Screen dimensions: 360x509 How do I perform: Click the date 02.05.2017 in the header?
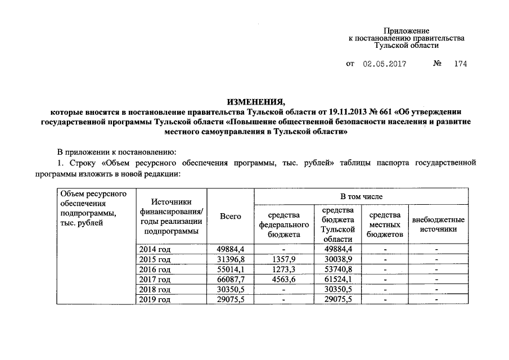click(x=385, y=64)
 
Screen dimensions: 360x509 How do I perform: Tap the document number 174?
click(x=460, y=64)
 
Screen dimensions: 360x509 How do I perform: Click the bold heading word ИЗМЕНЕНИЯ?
click(x=255, y=102)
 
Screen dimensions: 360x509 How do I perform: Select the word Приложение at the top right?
click(x=407, y=30)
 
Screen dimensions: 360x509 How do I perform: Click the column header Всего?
click(x=231, y=216)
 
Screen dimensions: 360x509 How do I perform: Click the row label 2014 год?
click(x=155, y=249)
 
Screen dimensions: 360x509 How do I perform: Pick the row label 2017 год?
click(x=155, y=280)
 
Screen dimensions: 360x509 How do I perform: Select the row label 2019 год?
click(x=155, y=300)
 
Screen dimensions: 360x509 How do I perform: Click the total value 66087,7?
click(x=231, y=280)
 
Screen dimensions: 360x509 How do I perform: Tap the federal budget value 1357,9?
click(x=284, y=259)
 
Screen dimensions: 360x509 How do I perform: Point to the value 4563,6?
click(x=284, y=280)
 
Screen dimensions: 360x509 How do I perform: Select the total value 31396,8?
click(x=231, y=259)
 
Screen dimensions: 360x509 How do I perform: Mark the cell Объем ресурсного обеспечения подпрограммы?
click(x=92, y=209)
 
